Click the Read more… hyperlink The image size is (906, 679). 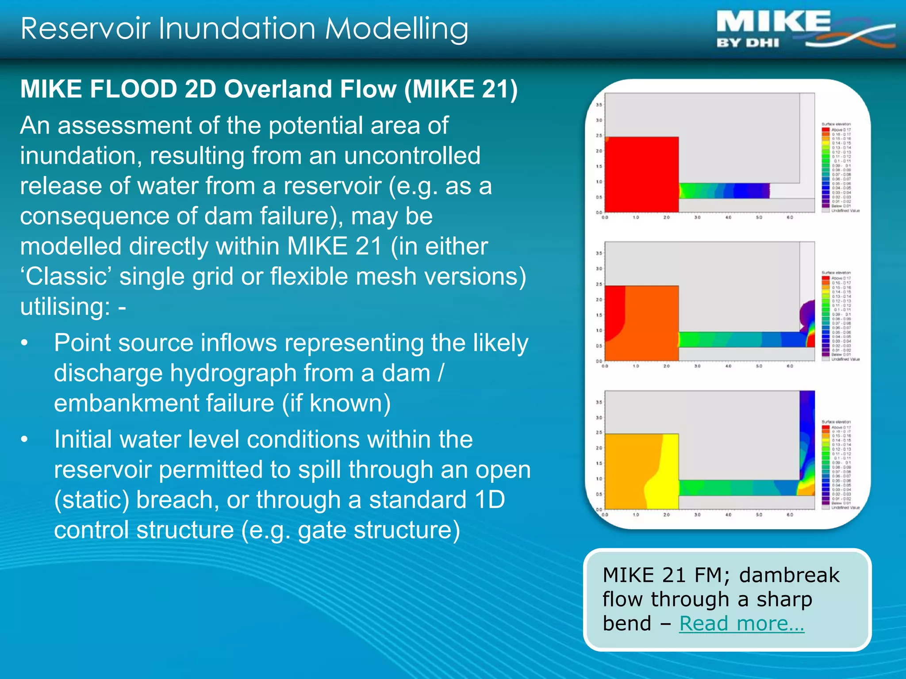(x=741, y=624)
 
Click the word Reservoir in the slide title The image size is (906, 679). (x=87, y=29)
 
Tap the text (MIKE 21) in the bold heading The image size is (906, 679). (x=461, y=89)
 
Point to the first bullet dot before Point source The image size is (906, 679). (x=24, y=343)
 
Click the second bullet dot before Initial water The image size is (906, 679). (x=24, y=440)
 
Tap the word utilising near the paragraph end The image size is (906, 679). (x=65, y=307)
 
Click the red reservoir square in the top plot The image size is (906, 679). (x=641, y=175)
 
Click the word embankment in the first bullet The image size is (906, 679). (x=164, y=404)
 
